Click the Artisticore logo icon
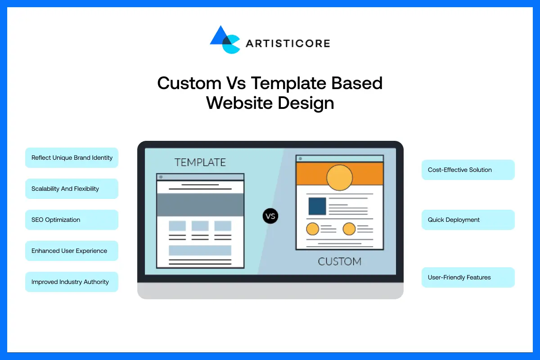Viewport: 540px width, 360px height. (x=225, y=40)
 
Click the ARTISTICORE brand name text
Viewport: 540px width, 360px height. (x=288, y=44)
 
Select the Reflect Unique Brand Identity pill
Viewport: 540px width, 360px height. (x=72, y=158)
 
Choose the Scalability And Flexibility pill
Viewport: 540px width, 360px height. (x=72, y=189)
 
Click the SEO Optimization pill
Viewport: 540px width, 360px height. (x=72, y=220)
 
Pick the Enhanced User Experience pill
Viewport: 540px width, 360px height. (x=72, y=251)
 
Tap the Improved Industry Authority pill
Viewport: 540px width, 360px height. (x=72, y=282)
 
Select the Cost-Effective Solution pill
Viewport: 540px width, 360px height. (x=468, y=170)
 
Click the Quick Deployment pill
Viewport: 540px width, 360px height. (x=468, y=220)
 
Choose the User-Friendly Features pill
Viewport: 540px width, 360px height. (x=468, y=278)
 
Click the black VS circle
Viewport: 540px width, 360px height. (x=270, y=216)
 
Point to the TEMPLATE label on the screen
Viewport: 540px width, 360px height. (x=200, y=162)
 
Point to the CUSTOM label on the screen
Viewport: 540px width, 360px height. (x=340, y=261)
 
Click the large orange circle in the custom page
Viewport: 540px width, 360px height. (x=339, y=177)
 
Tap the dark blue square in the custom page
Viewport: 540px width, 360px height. (x=317, y=206)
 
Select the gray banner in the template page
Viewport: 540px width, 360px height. (x=200, y=205)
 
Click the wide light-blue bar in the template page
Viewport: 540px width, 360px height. (x=200, y=250)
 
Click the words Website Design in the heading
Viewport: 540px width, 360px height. (x=270, y=103)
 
